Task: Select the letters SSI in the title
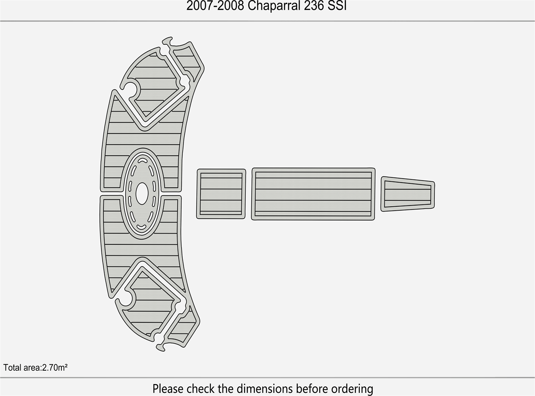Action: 337,6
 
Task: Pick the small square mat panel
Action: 221,194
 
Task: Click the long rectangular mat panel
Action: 313,194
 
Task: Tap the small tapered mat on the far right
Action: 408,194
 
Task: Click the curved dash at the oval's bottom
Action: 141,227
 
